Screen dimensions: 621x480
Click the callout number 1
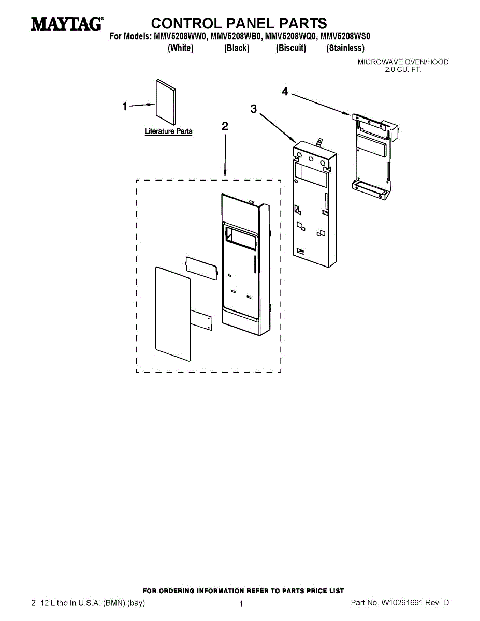coord(124,107)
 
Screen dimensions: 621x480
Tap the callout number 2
coord(225,126)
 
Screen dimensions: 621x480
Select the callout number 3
coord(253,109)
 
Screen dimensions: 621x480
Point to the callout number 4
coord(285,92)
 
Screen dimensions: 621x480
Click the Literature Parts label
coord(168,131)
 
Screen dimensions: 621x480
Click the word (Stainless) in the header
coord(345,48)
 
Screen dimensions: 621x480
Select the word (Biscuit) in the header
coord(291,48)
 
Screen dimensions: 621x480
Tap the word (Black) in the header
coord(237,48)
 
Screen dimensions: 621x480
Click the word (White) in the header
coord(181,48)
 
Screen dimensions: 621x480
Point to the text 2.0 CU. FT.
coord(403,69)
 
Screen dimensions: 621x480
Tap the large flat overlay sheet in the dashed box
coord(173,315)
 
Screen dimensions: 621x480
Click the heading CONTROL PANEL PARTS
coord(239,23)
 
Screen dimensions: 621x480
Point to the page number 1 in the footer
coord(241,603)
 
